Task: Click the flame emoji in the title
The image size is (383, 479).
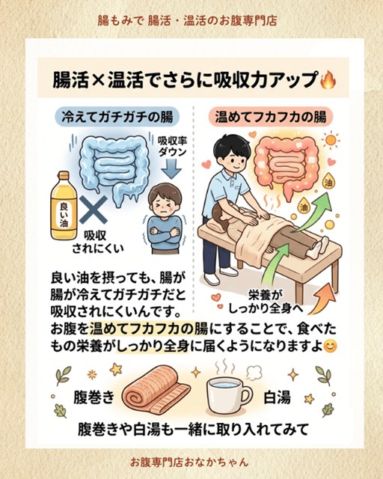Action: (x=328, y=80)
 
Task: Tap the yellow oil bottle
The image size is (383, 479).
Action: (x=64, y=205)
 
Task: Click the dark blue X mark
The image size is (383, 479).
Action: (x=94, y=210)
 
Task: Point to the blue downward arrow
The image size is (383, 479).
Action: (x=171, y=170)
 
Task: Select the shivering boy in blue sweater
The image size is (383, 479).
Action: (x=165, y=218)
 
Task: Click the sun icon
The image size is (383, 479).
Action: (x=331, y=141)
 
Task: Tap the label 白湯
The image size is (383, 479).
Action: (x=277, y=397)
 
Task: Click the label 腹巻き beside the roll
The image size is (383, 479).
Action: (x=94, y=397)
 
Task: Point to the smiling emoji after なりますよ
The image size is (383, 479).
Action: (x=330, y=347)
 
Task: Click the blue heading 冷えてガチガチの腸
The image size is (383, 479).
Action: (x=117, y=117)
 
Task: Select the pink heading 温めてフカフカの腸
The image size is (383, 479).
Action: (x=271, y=117)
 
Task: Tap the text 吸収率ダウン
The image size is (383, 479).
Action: (x=172, y=147)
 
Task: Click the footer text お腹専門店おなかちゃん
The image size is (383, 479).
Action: (x=189, y=462)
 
